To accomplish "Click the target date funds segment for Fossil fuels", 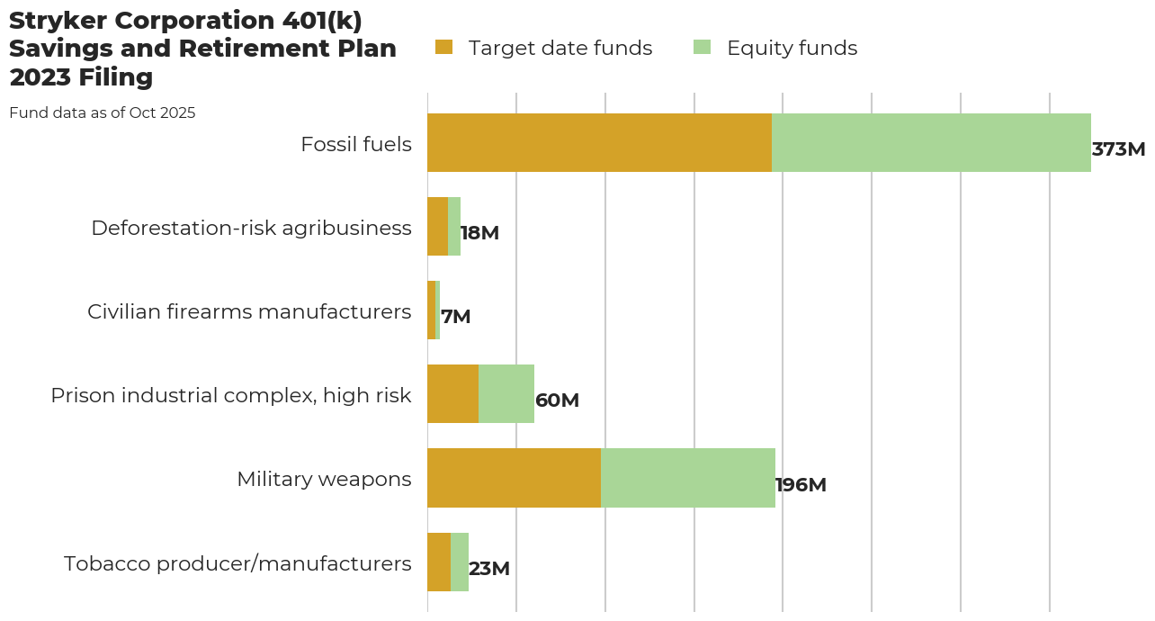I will point(599,142).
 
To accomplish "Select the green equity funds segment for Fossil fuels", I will point(931,142).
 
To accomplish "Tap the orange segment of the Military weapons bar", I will point(514,478).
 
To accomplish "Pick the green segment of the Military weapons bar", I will point(688,478).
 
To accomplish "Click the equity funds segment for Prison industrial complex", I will point(506,393).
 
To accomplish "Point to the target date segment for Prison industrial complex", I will point(452,393).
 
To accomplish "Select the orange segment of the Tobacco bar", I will point(439,562).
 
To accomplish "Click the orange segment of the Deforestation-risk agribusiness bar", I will point(437,226).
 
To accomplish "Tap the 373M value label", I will point(1118,149).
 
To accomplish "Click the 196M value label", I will point(801,485).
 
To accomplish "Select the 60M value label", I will point(557,400).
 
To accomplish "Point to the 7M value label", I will point(455,317).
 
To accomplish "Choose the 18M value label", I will point(479,233).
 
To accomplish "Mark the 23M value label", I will point(488,569).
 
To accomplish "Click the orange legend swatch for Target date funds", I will point(443,47).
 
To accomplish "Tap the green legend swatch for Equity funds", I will point(702,47).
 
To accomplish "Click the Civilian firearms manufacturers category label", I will point(249,311).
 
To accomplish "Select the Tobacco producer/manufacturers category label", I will point(237,563).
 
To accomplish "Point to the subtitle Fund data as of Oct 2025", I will point(102,113).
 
